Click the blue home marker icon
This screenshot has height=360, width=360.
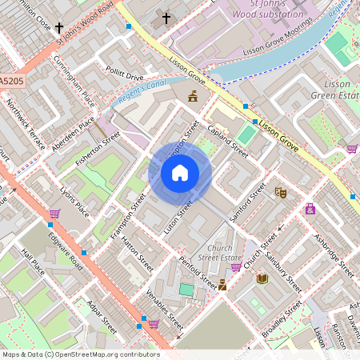(x=180, y=173)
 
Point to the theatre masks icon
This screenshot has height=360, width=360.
(x=281, y=192)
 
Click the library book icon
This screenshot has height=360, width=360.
(x=262, y=278)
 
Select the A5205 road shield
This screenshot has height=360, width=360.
(x=12, y=82)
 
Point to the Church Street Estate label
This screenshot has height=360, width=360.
(x=219, y=253)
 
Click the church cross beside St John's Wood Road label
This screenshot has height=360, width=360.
(x=59, y=28)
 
